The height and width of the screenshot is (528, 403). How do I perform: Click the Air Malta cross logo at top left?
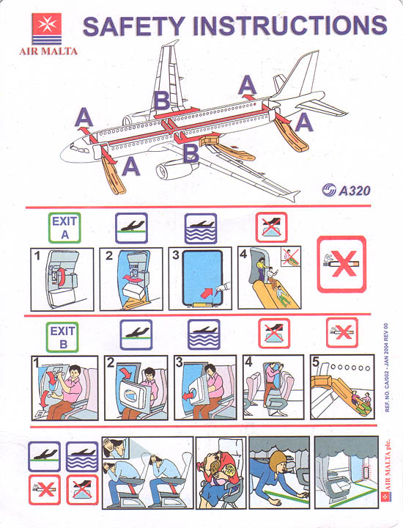click(47, 23)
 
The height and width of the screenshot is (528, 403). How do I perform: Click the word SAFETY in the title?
click(133, 26)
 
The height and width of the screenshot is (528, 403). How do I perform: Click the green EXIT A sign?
click(64, 227)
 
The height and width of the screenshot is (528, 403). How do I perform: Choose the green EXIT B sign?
click(62, 337)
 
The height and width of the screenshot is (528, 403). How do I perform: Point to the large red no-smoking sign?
click(341, 264)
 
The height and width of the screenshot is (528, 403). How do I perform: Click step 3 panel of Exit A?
click(200, 279)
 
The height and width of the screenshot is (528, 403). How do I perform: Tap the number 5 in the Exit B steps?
click(315, 362)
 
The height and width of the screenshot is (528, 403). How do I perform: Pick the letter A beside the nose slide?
click(131, 167)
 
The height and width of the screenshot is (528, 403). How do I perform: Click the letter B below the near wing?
click(191, 153)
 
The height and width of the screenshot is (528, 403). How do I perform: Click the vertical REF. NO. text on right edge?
click(386, 367)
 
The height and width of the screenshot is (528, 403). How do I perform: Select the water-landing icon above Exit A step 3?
click(201, 228)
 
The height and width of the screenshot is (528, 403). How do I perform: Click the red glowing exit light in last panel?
click(366, 472)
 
